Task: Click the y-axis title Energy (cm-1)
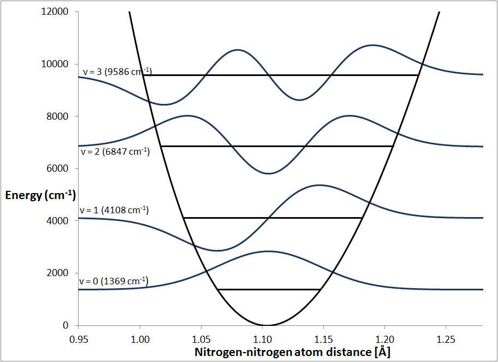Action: click(40, 195)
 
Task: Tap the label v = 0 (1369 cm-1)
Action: click(114, 281)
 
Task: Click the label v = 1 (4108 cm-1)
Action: click(114, 210)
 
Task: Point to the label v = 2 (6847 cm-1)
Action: click(114, 152)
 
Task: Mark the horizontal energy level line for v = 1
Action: click(273, 218)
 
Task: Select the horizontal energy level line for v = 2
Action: click(277, 146)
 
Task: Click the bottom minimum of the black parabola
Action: click(266, 325)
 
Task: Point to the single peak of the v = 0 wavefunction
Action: click(268, 252)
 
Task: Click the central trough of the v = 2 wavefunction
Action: click(268, 173)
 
